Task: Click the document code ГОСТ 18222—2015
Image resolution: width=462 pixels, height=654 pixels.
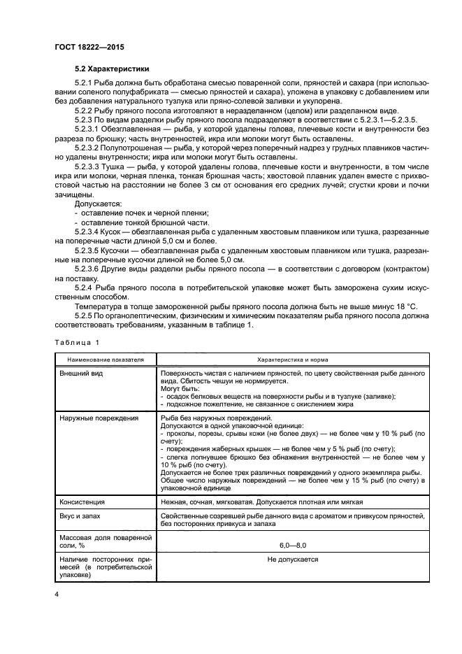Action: pyautogui.click(x=85, y=48)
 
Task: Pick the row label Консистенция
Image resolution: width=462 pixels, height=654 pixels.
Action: pyautogui.click(x=82, y=502)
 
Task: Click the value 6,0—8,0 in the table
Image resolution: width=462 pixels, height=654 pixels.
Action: pyautogui.click(x=293, y=543)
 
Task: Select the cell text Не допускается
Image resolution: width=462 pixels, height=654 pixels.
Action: pyautogui.click(x=293, y=559)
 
